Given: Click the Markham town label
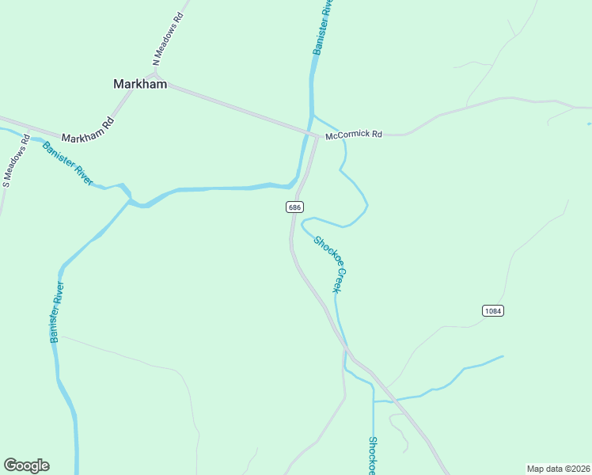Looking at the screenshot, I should pyautogui.click(x=140, y=84).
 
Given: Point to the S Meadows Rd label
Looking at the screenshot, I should pyautogui.click(x=15, y=163).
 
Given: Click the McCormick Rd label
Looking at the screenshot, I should pyautogui.click(x=354, y=135).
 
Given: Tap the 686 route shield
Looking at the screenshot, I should pyautogui.click(x=294, y=207).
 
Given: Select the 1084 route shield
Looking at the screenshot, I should pyautogui.click(x=492, y=311).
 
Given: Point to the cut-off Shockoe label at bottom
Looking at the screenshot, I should pyautogui.click(x=373, y=455).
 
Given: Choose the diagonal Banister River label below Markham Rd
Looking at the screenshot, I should pyautogui.click(x=69, y=163).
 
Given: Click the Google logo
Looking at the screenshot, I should pyautogui.click(x=26, y=465).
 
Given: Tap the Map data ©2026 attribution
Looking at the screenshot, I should pyautogui.click(x=559, y=468).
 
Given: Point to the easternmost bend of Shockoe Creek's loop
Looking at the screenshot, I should pyautogui.click(x=367, y=207).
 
